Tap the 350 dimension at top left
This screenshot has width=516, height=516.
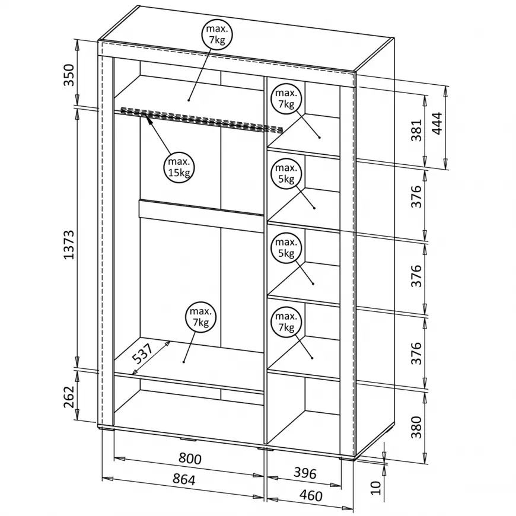(69, 75)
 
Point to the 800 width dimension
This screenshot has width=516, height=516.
(190, 459)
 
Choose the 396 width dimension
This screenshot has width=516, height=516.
(304, 473)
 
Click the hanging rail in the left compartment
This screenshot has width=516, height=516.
(202, 119)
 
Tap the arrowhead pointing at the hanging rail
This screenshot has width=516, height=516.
(147, 120)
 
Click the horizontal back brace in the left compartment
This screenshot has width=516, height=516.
(200, 212)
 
